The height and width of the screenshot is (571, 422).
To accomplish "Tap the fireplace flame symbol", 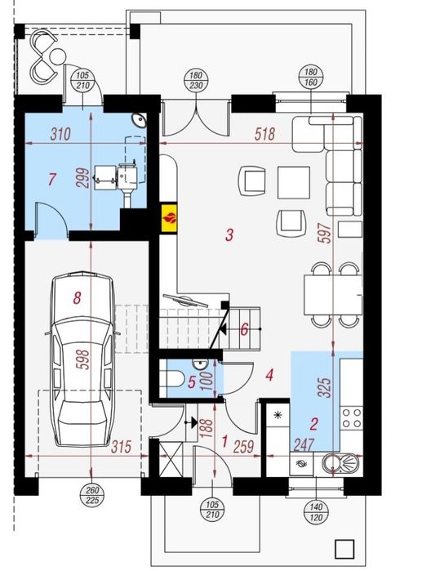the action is [169, 218].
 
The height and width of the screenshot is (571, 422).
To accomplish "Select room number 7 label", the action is [52, 179].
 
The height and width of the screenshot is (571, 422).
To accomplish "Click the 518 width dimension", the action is [264, 134].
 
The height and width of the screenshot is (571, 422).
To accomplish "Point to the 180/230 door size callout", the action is [196, 81].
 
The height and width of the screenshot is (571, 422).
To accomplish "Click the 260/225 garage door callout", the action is [92, 495].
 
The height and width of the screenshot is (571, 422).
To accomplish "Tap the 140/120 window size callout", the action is [316, 512].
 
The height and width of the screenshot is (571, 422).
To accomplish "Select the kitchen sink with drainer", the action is [340, 464].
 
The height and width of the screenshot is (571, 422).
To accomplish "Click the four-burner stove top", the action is [352, 417].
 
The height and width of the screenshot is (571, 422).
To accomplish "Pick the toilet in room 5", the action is [173, 377].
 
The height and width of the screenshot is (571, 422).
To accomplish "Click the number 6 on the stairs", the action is [244, 329].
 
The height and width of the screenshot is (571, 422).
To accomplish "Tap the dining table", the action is [332, 295].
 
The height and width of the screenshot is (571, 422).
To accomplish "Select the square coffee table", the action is [294, 182].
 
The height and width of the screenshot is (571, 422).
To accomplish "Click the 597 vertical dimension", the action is [325, 233].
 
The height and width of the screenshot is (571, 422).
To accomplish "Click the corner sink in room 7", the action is [140, 120].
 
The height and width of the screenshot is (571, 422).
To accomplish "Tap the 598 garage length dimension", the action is [84, 359].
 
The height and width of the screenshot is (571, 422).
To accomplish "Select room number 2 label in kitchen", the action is [314, 423].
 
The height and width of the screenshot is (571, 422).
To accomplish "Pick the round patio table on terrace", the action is [57, 56].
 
